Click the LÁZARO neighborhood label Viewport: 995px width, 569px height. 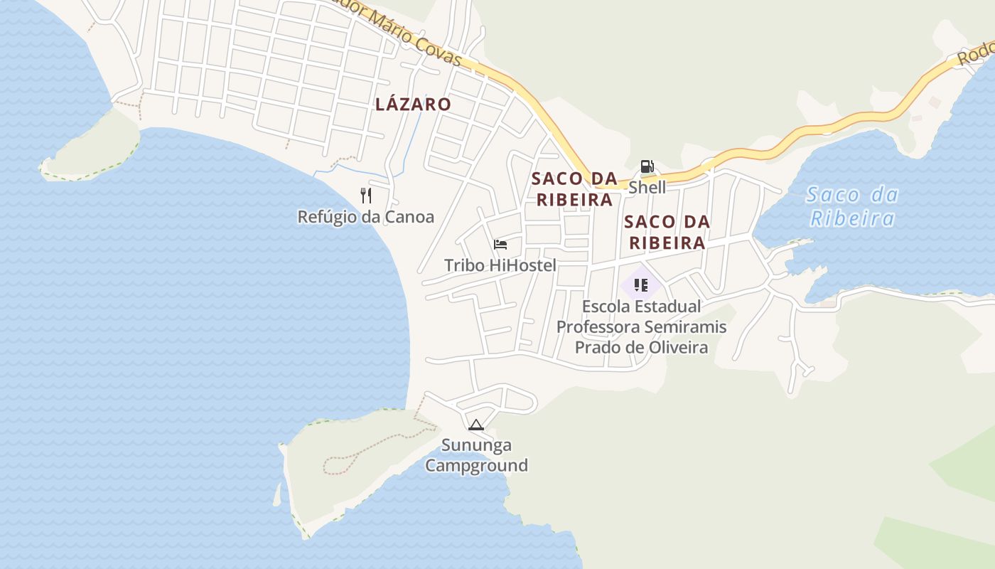413,105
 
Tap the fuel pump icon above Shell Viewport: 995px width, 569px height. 647,167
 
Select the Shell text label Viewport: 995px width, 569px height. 647,187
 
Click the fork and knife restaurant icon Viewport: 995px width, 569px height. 366,196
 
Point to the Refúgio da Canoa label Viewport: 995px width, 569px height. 365,217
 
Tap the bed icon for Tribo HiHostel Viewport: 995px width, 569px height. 500,245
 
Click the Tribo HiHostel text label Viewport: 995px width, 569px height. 500,265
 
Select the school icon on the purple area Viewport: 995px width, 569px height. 641,286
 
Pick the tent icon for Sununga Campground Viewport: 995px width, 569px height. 476,425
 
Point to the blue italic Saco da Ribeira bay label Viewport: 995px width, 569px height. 852,206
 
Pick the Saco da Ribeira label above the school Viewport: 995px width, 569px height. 667,232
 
